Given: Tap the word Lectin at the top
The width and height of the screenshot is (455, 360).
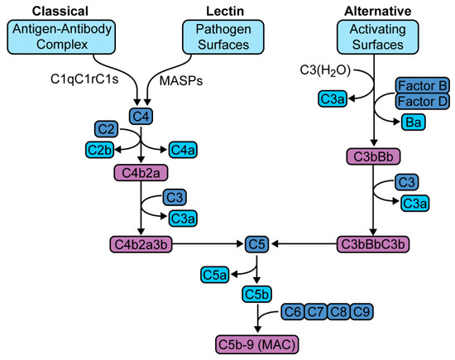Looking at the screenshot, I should tap(224, 9).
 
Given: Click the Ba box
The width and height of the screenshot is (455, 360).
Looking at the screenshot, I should tap(422, 122).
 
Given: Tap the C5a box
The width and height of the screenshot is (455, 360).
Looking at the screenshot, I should tap(213, 271).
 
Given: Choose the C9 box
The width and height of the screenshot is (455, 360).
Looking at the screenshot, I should tap(361, 312).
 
